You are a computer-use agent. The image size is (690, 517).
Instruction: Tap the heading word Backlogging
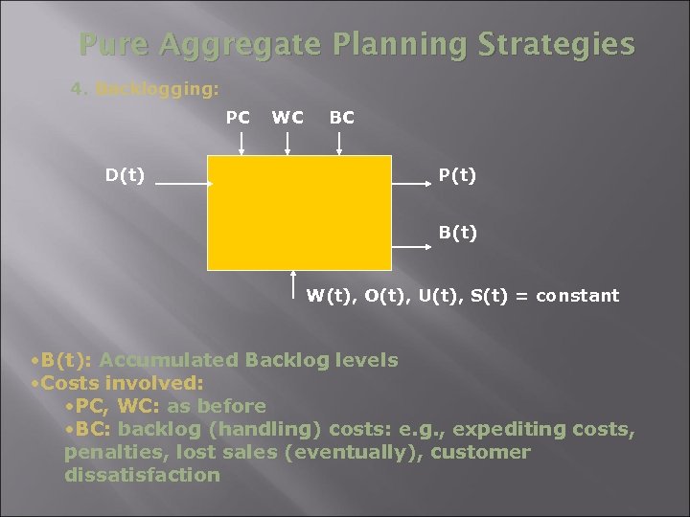coord(157,89)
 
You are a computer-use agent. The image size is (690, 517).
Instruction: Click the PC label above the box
coord(238,117)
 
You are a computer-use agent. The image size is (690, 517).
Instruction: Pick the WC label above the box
coord(287,117)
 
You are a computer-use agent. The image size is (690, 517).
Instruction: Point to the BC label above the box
coord(341,117)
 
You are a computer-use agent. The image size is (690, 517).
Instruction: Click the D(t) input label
coord(126,175)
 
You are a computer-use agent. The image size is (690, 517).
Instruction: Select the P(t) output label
coord(457,175)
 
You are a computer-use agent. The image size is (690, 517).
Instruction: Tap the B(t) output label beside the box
coord(457,232)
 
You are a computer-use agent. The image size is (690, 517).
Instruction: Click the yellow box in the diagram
coord(299,213)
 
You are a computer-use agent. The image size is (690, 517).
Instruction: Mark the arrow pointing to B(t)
coord(412,247)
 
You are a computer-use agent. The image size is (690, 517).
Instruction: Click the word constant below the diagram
coord(577,296)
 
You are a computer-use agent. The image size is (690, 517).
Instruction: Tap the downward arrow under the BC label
coord(339,144)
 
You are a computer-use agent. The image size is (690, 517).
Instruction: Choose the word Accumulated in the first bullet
coord(169,361)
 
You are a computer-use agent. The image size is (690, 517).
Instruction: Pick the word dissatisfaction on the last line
coord(142,475)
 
